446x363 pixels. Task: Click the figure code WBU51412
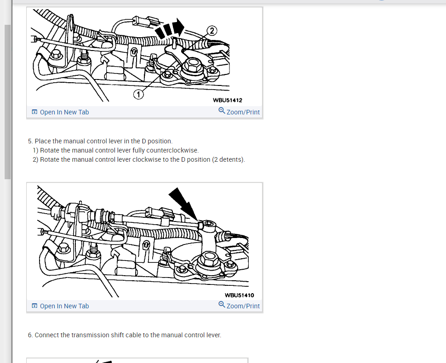coord(228,100)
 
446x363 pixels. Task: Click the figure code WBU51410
coord(239,295)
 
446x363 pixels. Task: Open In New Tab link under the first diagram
coord(64,112)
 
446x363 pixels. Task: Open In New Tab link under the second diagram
coord(64,306)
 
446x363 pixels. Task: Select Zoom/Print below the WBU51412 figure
coord(243,112)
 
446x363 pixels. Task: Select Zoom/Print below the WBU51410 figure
coord(243,306)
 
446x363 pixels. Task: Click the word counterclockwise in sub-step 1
coord(172,150)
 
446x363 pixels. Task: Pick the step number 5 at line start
coord(30,141)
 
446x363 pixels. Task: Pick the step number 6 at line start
coord(30,335)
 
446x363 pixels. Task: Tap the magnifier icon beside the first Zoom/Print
coord(222,111)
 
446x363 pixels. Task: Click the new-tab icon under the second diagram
coord(34,306)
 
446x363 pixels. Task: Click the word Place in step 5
coord(43,141)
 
